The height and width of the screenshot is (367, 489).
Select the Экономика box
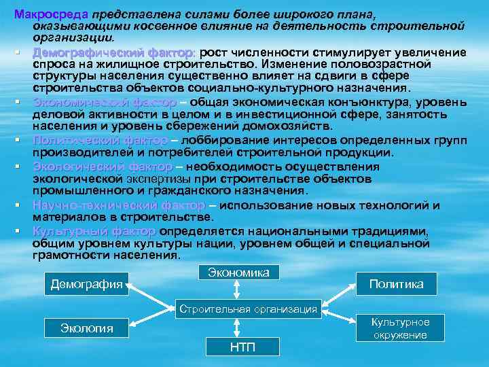click(238, 273)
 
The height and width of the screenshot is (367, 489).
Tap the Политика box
click(396, 284)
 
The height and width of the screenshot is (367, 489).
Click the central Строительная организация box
click(248, 309)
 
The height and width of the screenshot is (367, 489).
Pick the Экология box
click(87, 329)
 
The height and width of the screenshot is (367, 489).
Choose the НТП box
click(242, 347)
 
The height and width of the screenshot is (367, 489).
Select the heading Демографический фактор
click(113, 52)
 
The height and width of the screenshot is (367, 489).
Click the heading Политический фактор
click(101, 140)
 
